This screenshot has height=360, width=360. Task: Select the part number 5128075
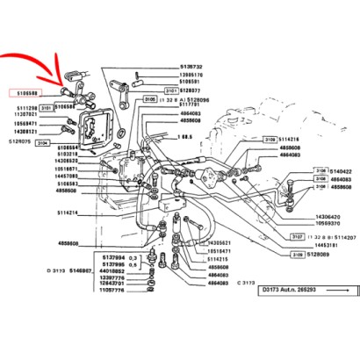click(x=19, y=139)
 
